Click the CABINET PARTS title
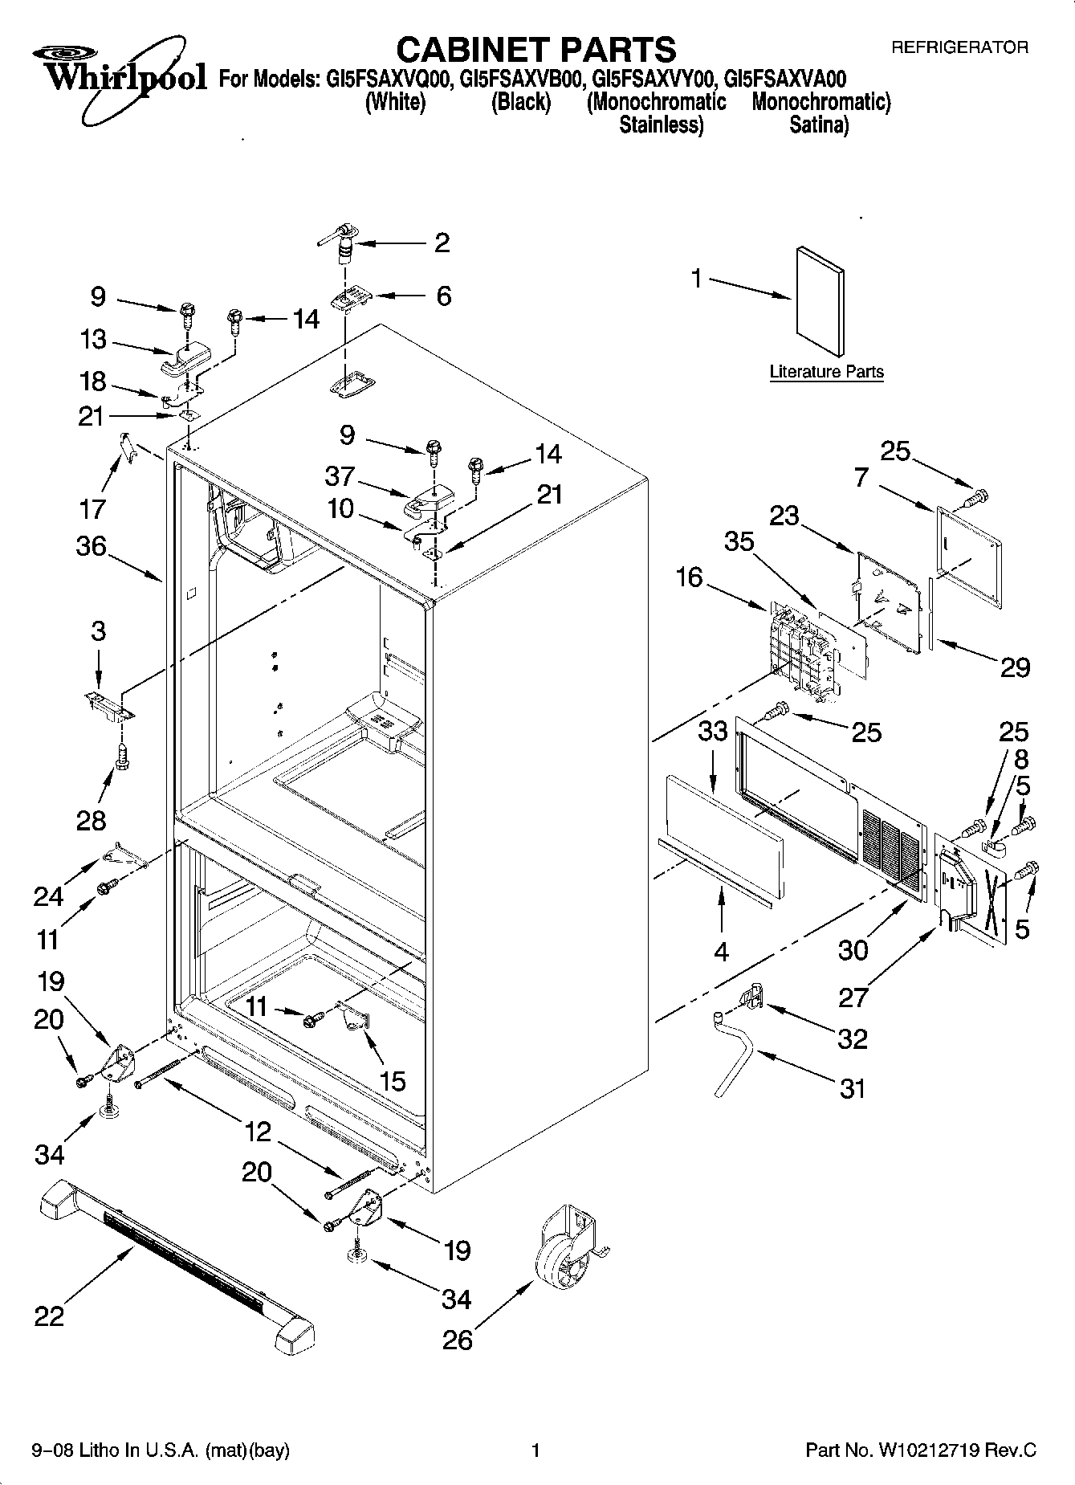(x=536, y=50)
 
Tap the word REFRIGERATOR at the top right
(x=959, y=47)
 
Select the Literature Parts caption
(x=826, y=372)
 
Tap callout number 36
(x=91, y=546)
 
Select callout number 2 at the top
(x=442, y=243)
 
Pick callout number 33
(x=712, y=731)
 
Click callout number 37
(x=340, y=476)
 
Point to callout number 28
(x=91, y=820)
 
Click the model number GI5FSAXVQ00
(x=390, y=79)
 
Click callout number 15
(x=392, y=1081)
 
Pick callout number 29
(x=1014, y=667)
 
